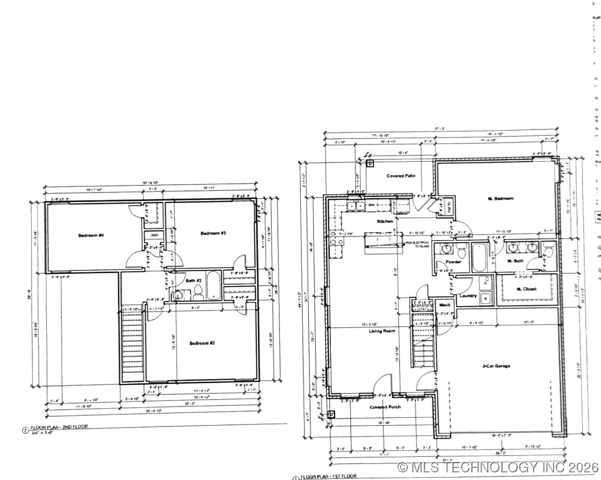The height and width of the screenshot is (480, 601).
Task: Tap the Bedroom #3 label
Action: (x=213, y=233)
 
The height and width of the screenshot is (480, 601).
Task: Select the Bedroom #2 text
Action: (x=202, y=343)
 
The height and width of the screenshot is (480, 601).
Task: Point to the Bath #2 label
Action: (x=194, y=280)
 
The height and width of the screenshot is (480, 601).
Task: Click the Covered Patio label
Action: (x=401, y=176)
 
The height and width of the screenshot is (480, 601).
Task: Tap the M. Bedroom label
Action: (x=500, y=199)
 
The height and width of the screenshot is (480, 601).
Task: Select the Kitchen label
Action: (x=385, y=221)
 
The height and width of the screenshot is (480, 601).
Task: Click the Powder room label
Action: (x=453, y=262)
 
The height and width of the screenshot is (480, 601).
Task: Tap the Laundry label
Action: (x=468, y=296)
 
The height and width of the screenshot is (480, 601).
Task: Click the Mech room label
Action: (x=445, y=305)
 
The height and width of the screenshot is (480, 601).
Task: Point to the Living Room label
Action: (x=382, y=331)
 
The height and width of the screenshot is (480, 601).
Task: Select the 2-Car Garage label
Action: (x=497, y=365)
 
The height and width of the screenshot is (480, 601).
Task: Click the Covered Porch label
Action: (x=385, y=407)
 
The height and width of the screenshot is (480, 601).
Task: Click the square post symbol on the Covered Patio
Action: (x=371, y=163)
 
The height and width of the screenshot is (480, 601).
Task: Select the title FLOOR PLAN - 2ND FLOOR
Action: (x=59, y=427)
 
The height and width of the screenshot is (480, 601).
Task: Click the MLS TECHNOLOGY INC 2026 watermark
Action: (x=498, y=467)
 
